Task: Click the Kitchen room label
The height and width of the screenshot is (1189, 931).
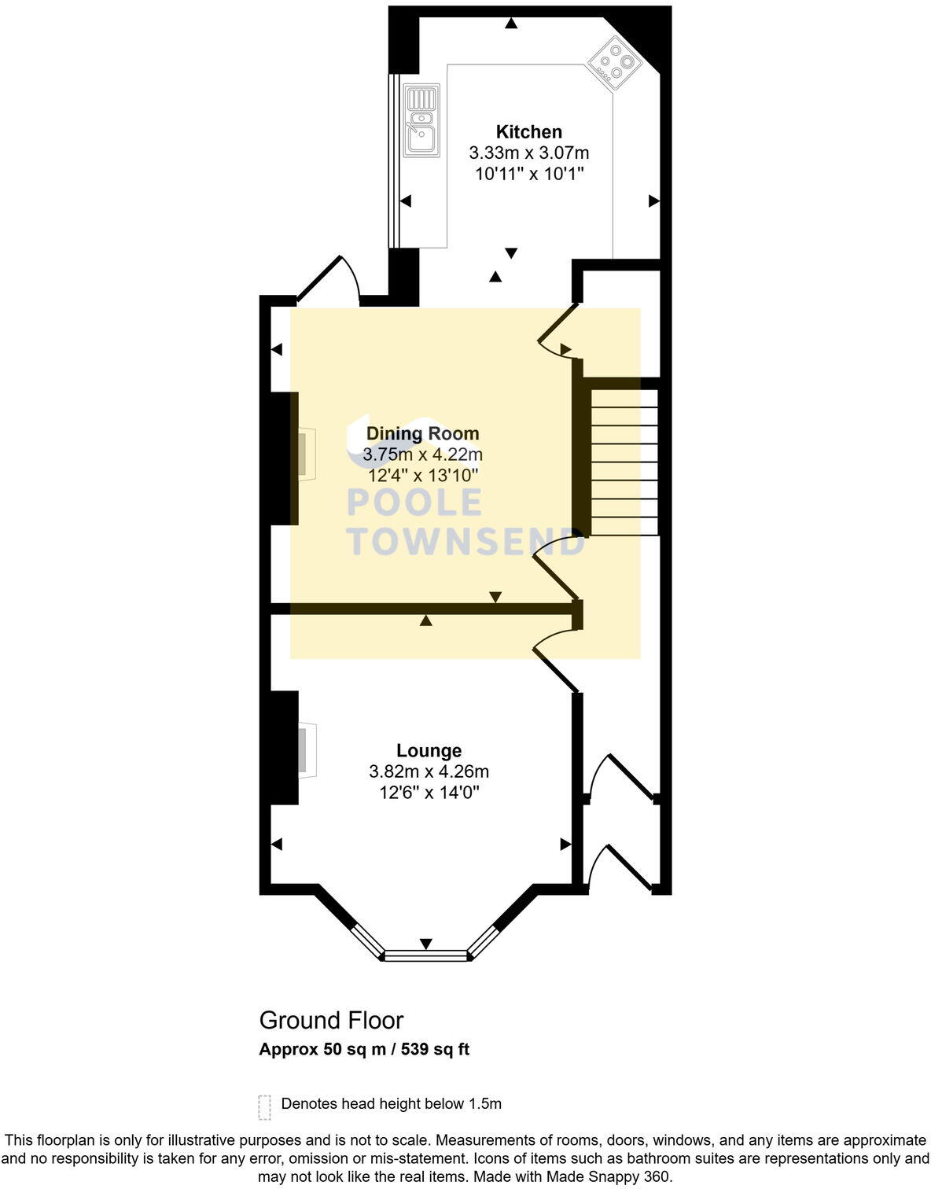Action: (x=528, y=132)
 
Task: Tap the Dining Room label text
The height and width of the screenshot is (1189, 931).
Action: (x=422, y=433)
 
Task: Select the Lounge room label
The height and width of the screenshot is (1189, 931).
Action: (x=429, y=750)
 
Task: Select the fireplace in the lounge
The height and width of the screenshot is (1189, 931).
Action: (x=306, y=750)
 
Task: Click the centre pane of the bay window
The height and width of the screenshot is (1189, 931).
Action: (x=425, y=955)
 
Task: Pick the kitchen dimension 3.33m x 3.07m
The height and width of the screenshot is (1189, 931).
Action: (x=528, y=153)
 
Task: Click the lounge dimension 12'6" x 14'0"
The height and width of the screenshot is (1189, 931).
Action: (x=429, y=793)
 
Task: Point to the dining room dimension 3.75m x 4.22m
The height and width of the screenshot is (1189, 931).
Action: (x=422, y=455)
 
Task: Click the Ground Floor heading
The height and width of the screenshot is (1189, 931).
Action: (x=331, y=1020)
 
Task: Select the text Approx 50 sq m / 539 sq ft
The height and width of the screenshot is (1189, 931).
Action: (x=364, y=1049)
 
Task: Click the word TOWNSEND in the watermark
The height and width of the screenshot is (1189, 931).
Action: (x=465, y=542)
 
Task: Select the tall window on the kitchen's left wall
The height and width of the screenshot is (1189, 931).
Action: (x=393, y=161)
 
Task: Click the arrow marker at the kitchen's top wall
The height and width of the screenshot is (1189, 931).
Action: (x=511, y=24)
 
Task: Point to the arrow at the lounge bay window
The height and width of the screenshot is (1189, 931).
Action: (x=425, y=943)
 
